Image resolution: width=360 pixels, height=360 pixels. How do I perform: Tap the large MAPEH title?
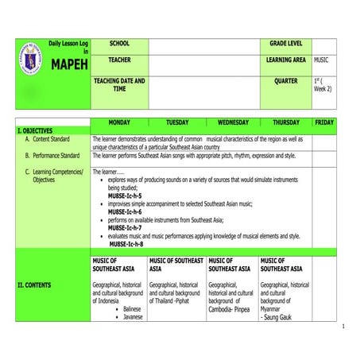tap(68, 64)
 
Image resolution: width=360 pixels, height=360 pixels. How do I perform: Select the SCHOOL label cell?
tap(119, 43)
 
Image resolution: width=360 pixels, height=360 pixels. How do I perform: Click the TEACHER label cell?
tap(119, 60)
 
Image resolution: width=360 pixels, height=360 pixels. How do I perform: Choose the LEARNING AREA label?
tap(285, 60)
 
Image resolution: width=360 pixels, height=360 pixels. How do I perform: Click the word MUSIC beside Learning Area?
tap(322, 60)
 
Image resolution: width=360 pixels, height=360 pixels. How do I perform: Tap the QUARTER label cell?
tap(285, 81)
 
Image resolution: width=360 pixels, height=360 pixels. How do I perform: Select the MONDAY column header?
tap(118, 122)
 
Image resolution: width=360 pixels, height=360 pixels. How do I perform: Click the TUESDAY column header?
tap(177, 122)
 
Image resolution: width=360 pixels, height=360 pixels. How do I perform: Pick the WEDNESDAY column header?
tap(233, 122)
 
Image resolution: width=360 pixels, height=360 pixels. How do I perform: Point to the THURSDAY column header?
tap(285, 122)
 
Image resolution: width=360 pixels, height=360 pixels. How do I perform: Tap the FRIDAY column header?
tap(324, 122)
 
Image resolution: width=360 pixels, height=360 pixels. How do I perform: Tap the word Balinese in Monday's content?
tap(133, 308)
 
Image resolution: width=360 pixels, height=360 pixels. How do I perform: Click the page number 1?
tap(343, 327)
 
